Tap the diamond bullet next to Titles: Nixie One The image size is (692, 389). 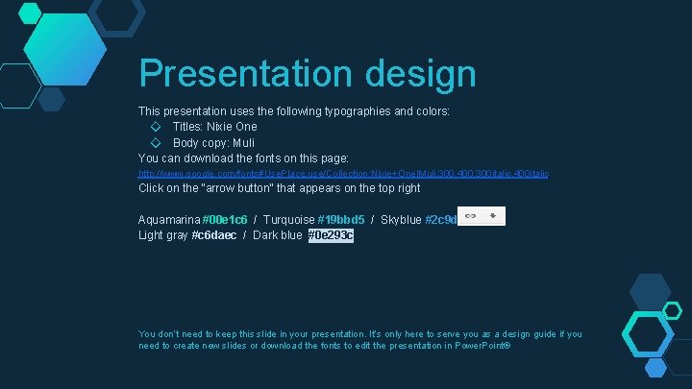pyautogui.click(x=156, y=127)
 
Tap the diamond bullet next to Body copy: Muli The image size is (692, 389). pyautogui.click(x=156, y=142)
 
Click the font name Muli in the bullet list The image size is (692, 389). pyautogui.click(x=241, y=142)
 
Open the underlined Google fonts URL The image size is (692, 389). pyautogui.click(x=343, y=173)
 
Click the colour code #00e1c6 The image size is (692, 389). pyautogui.click(x=225, y=220)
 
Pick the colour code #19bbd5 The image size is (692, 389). pyautogui.click(x=341, y=220)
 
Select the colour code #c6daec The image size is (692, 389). pyautogui.click(x=214, y=235)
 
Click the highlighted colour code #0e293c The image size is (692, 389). pyautogui.click(x=331, y=235)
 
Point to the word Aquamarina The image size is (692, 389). pyautogui.click(x=169, y=220)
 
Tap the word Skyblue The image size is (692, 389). pyautogui.click(x=401, y=220)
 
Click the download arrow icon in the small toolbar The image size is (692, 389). pyautogui.click(x=492, y=216)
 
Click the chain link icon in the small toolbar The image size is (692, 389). pyautogui.click(x=470, y=216)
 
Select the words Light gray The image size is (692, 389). pyautogui.click(x=163, y=235)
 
